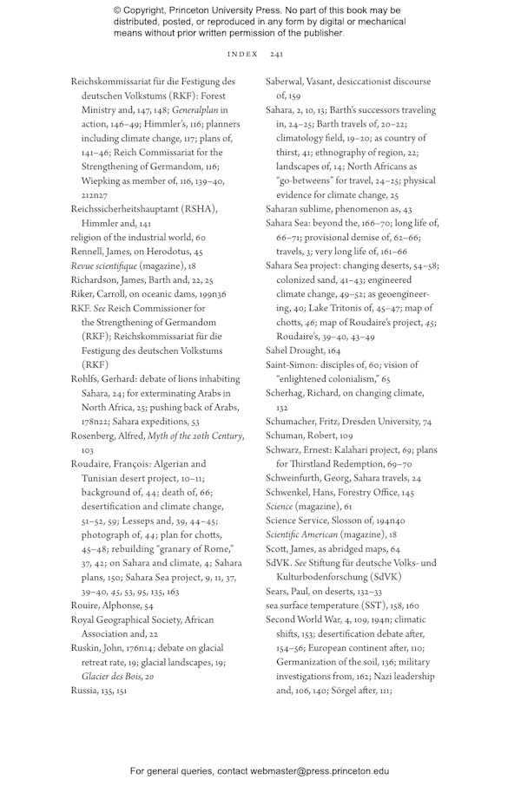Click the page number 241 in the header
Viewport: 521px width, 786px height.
click(276, 54)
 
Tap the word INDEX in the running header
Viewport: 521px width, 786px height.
click(242, 54)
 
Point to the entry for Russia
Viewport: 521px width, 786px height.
click(85, 690)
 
